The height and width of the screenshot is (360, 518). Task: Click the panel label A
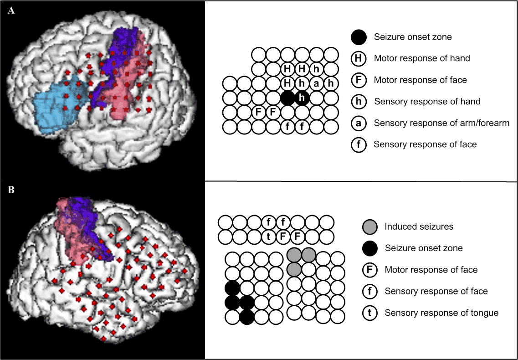[x=11, y=11]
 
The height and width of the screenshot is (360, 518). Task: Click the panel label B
[x=11, y=190]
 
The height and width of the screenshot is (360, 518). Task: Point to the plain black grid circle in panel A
[x=287, y=98]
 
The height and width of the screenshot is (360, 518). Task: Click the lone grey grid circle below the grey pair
[x=294, y=269]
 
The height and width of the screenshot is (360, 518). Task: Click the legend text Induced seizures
[x=419, y=226]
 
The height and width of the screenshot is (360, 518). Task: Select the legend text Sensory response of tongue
[x=441, y=313]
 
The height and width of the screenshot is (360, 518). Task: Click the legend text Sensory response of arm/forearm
[x=441, y=123]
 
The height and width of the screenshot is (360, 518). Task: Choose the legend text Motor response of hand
[x=422, y=58]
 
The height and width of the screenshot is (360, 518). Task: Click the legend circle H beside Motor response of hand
[x=359, y=58]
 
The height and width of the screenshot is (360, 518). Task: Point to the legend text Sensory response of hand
[x=427, y=101]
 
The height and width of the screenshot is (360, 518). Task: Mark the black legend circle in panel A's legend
[x=359, y=36]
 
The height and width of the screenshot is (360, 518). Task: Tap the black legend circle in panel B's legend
[x=370, y=248]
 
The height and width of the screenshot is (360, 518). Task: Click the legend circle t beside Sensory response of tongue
[x=370, y=313]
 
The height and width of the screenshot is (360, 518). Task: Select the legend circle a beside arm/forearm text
[x=359, y=123]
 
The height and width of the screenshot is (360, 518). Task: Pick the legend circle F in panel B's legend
[x=370, y=270]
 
